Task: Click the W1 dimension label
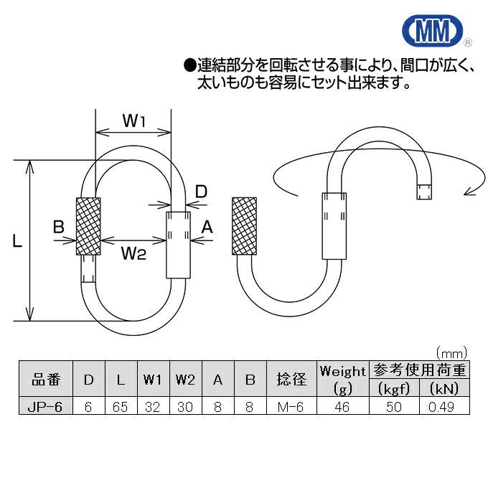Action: (134, 121)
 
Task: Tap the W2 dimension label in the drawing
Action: (133, 252)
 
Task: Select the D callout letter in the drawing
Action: (202, 191)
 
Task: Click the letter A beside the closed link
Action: (207, 227)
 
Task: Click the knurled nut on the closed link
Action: (88, 226)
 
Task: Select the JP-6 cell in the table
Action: (45, 405)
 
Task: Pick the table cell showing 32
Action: (151, 405)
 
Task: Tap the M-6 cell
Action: (289, 405)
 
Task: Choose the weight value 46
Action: (342, 405)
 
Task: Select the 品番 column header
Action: (45, 380)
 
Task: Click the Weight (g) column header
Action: (342, 380)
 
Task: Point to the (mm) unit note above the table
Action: (452, 352)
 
